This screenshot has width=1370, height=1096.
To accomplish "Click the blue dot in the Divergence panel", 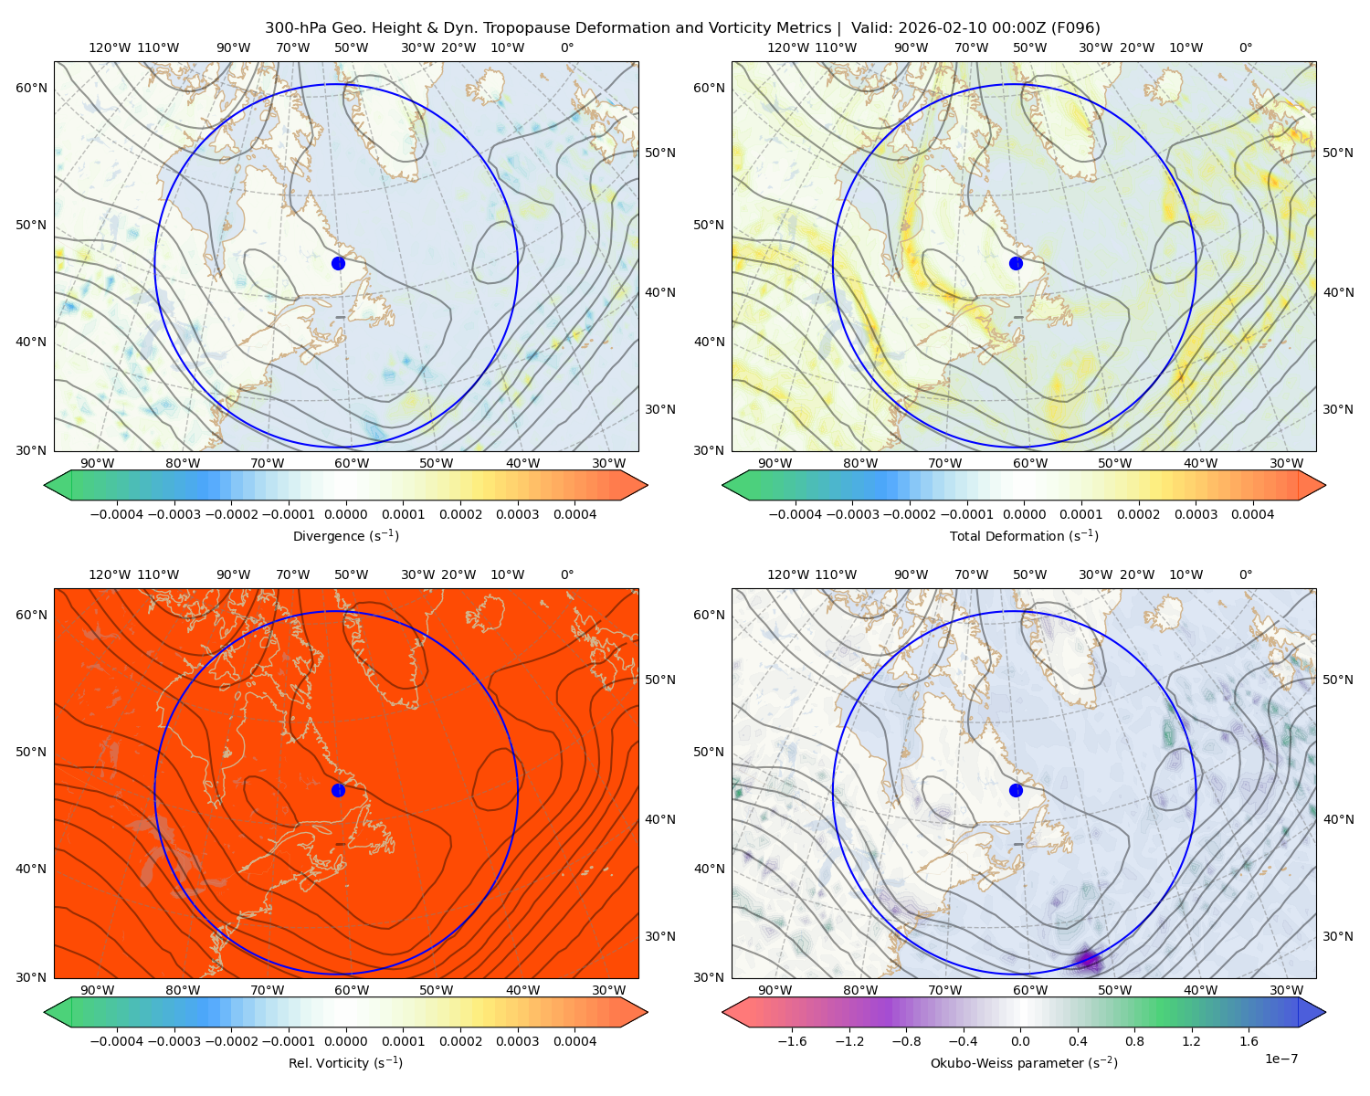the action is [338, 263].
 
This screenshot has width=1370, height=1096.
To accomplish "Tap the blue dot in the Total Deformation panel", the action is [1016, 263].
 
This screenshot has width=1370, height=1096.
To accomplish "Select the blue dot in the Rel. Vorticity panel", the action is [338, 790].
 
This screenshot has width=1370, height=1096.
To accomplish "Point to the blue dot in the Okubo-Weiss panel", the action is [1016, 790].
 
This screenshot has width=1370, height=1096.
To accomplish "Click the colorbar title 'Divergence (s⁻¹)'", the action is [345, 535].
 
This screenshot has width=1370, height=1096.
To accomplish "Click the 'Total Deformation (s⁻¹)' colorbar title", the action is [1024, 535].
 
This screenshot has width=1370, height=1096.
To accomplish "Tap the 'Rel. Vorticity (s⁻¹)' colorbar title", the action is [345, 1062].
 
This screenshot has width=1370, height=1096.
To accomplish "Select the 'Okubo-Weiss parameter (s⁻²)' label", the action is [1024, 1062].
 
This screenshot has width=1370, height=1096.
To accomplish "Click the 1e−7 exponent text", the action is [1280, 1059].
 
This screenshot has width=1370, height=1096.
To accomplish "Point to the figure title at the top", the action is [682, 28].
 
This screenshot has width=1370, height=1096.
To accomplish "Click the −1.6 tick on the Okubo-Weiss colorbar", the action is [792, 1040].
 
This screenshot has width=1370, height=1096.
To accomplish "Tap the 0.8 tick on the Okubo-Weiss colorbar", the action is [1134, 1040].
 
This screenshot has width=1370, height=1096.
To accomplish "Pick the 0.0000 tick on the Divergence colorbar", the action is [345, 514].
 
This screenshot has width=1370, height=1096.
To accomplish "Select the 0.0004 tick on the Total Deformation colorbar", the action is [1252, 514].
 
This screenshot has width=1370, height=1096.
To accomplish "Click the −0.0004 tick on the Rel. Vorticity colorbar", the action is [117, 1040].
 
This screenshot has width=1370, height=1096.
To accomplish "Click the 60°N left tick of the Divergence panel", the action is [31, 88].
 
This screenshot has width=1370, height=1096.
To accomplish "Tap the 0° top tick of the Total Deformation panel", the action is [1245, 47].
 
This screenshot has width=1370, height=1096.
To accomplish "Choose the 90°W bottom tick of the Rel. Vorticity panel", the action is [98, 990].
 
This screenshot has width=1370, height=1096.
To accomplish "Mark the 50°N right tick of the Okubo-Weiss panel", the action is [1338, 680].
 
